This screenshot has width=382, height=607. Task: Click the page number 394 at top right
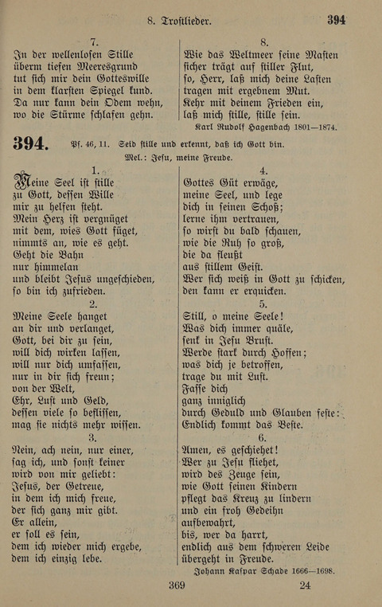pyautogui.click(x=336, y=20)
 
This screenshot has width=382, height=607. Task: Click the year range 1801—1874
pyautogui.click(x=314, y=125)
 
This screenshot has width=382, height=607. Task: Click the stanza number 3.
pyautogui.click(x=93, y=437)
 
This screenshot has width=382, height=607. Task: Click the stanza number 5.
pyautogui.click(x=263, y=303)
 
